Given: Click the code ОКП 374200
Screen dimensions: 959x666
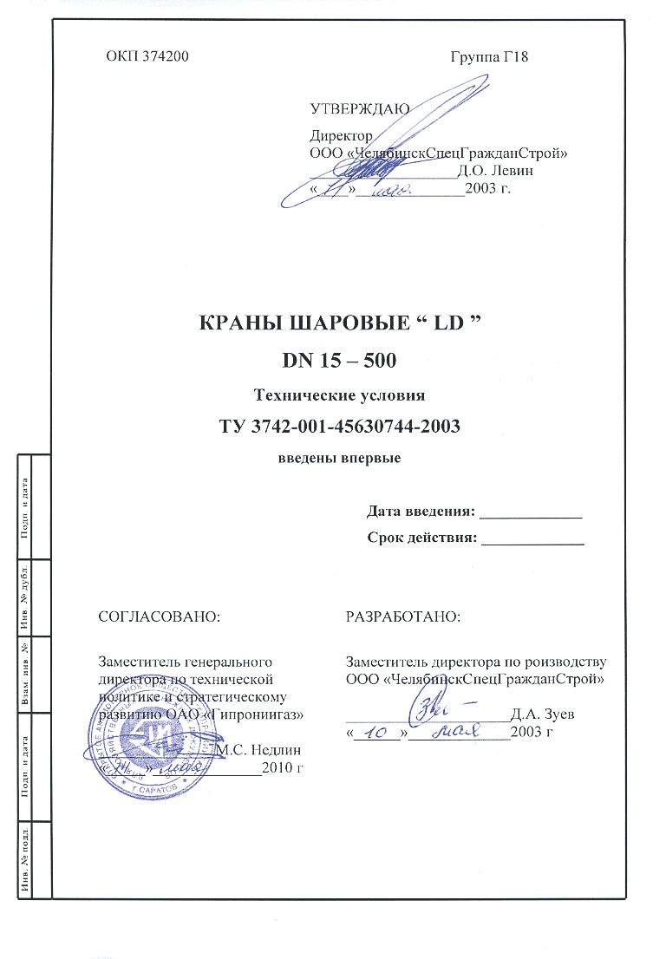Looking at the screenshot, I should point(147,57).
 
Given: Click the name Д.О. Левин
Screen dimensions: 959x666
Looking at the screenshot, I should point(494,170).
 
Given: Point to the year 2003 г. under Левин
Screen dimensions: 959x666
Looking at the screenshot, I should point(488,187).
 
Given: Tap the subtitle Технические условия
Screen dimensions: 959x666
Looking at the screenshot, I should point(338,395).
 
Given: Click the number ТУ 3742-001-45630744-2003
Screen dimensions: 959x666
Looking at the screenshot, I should point(338,426).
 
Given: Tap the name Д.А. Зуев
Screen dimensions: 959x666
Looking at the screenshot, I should point(544,715).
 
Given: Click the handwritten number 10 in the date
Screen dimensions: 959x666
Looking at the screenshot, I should point(373,733).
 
